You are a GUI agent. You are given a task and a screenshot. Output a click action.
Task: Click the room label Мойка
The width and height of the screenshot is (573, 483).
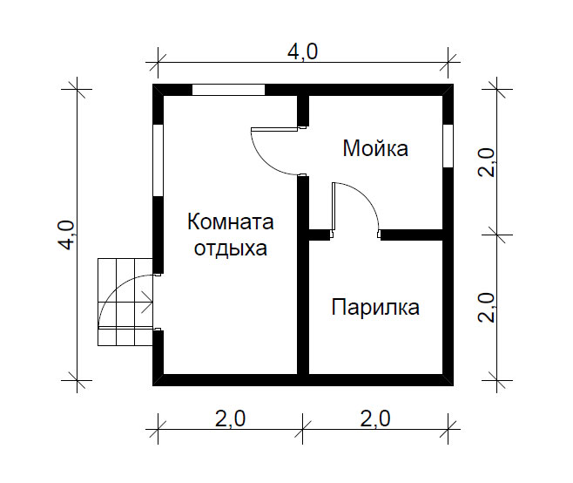[x=375, y=148]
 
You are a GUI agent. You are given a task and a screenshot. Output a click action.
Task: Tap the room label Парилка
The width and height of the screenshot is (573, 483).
[x=375, y=307]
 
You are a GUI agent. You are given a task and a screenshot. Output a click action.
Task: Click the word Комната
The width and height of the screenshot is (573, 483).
[x=231, y=221]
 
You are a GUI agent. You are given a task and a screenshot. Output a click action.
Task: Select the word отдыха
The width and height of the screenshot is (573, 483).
[x=231, y=248]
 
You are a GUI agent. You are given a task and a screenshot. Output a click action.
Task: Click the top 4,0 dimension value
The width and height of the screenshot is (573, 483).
[x=302, y=51]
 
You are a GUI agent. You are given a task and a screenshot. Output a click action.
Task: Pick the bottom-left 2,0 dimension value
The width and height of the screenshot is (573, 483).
[x=230, y=418]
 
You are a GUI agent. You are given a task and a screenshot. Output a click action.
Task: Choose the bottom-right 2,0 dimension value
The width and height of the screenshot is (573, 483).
[x=375, y=418]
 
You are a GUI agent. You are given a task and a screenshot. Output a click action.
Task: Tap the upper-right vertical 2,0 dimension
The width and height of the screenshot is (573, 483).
[x=487, y=162]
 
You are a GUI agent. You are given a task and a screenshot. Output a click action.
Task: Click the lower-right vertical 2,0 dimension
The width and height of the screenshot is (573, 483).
[x=487, y=308]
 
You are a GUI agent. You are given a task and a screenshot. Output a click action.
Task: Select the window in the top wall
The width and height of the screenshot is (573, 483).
[x=228, y=90]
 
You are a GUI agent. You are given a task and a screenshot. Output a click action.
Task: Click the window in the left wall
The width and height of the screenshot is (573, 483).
[x=158, y=160]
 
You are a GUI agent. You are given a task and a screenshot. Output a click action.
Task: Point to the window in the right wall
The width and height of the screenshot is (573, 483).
[x=448, y=146]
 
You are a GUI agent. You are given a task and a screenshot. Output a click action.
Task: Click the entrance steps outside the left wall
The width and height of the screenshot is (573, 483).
[x=125, y=302]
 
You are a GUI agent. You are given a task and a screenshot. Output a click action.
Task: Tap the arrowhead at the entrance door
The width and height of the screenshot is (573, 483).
[x=149, y=302]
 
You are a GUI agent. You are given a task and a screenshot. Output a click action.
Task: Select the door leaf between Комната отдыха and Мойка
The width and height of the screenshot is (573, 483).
[x=274, y=129]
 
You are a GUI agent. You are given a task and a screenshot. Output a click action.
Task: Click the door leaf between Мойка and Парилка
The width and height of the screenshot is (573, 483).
[x=334, y=206]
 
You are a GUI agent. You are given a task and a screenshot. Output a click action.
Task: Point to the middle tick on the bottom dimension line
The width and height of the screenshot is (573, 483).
[x=302, y=429]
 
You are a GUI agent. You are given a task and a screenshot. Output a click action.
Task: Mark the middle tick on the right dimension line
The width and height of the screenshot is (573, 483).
[x=497, y=235]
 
